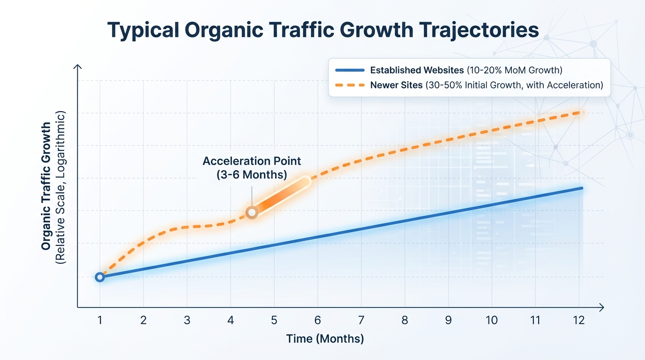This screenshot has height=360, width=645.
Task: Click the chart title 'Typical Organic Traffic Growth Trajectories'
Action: (x=323, y=30)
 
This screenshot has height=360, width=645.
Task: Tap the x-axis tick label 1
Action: (x=99, y=321)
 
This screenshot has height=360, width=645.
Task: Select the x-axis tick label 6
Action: (x=317, y=321)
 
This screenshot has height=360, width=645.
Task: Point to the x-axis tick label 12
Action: (x=579, y=321)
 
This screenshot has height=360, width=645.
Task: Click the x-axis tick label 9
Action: (x=448, y=321)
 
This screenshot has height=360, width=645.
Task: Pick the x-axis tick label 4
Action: (x=230, y=321)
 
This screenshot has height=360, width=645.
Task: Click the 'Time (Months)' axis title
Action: (x=325, y=339)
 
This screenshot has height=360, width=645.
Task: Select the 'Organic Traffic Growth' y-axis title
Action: (x=46, y=186)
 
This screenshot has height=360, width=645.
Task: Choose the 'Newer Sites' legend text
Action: (x=394, y=85)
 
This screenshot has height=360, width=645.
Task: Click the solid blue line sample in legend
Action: (x=350, y=70)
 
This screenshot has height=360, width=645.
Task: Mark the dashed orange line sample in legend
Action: (x=350, y=85)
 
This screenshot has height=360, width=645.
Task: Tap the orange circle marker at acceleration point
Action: (x=252, y=213)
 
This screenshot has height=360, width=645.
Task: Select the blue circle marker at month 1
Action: (x=99, y=277)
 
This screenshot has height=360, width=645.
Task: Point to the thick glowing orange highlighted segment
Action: (x=280, y=196)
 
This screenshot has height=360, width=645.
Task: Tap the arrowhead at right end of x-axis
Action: (x=601, y=307)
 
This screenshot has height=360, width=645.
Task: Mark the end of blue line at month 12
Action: (x=581, y=188)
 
